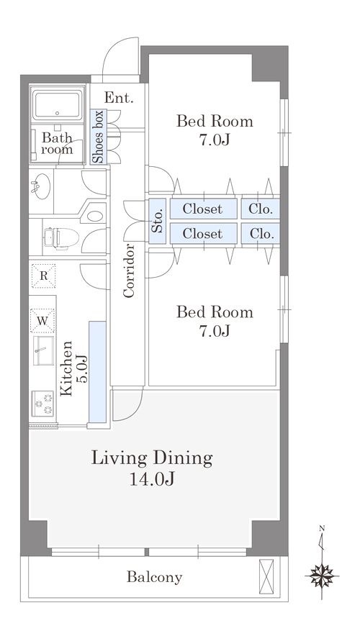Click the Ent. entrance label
click(x=119, y=98)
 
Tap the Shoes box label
click(x=98, y=137)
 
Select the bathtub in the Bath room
click(x=57, y=104)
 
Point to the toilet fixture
click(x=61, y=237)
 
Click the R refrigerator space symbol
click(x=43, y=276)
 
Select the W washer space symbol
click(x=42, y=321)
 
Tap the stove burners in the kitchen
click(x=43, y=403)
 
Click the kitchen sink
click(x=43, y=350)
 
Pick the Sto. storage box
click(x=158, y=221)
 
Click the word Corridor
click(x=129, y=271)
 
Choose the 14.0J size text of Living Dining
click(x=152, y=479)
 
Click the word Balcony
click(x=154, y=577)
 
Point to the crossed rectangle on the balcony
click(x=266, y=571)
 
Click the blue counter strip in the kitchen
click(x=97, y=372)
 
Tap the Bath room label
click(x=57, y=144)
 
